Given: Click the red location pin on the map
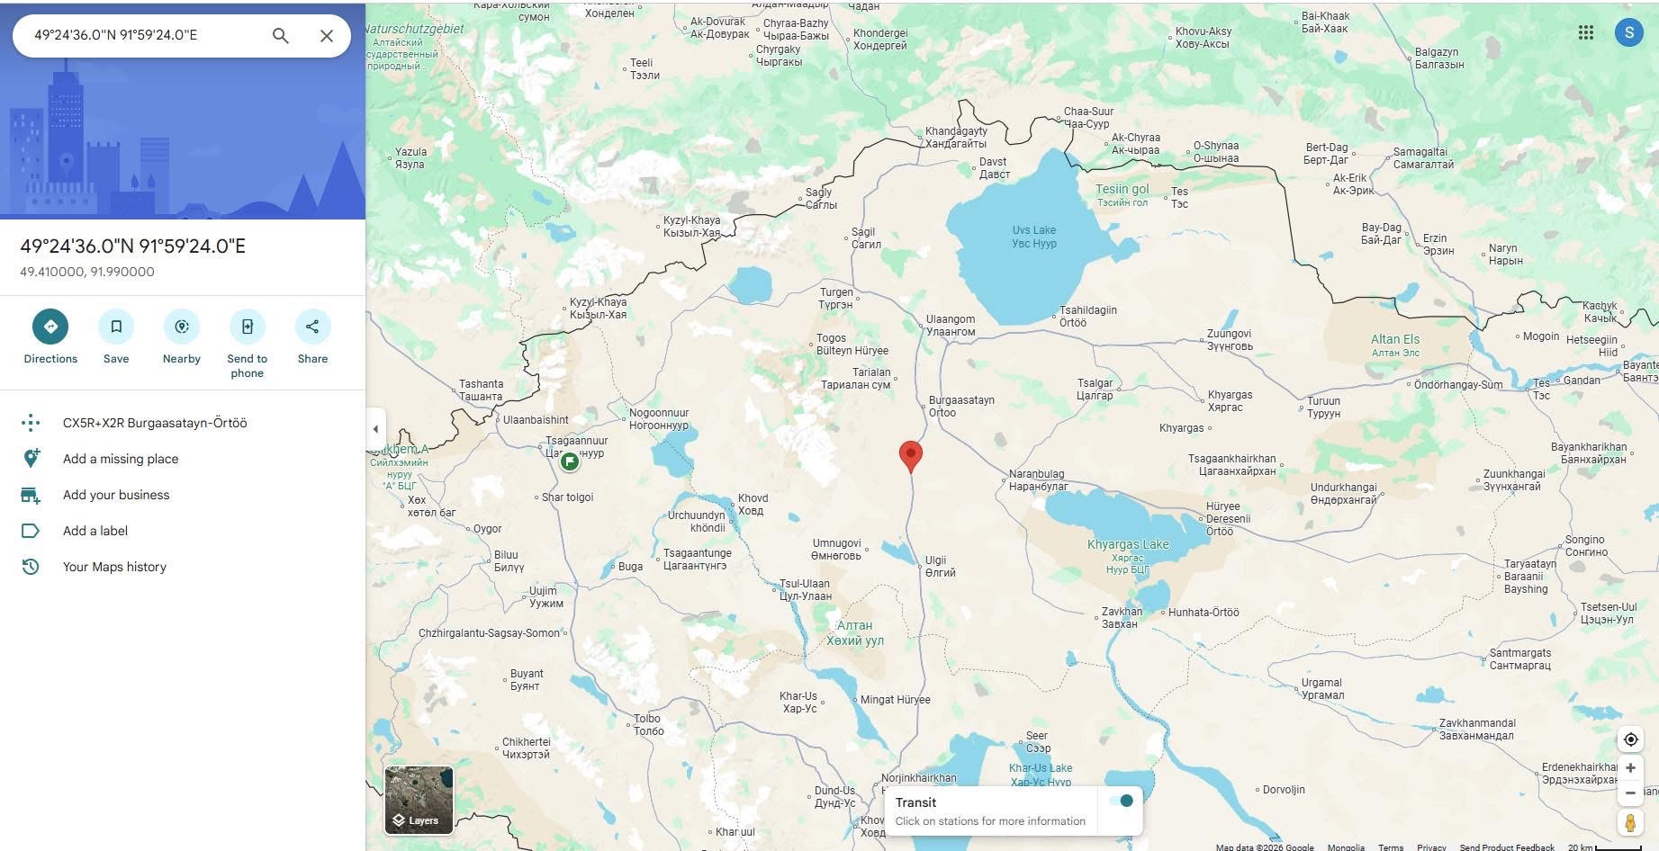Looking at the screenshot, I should pyautogui.click(x=911, y=454).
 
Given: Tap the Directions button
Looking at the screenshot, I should pyautogui.click(x=50, y=327).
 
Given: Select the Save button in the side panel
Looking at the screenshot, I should pyautogui.click(x=116, y=327).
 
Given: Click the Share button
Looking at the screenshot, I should pyautogui.click(x=312, y=327).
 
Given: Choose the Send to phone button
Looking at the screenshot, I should pyautogui.click(x=247, y=327).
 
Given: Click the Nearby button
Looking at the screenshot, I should pyautogui.click(x=182, y=327).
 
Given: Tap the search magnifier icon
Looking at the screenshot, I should pyautogui.click(x=281, y=35).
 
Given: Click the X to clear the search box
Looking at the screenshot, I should pyautogui.click(x=327, y=35).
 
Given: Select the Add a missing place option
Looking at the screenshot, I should pyautogui.click(x=121, y=459).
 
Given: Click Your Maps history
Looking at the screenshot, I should pyautogui.click(x=114, y=567).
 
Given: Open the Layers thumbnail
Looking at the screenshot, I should pyautogui.click(x=419, y=799).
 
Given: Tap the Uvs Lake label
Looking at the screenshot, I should pyautogui.click(x=1033, y=230).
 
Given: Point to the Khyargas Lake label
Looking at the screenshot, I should pyautogui.click(x=1128, y=544).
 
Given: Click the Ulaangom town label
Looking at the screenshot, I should pyautogui.click(x=950, y=319).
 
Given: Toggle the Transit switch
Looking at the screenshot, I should pyautogui.click(x=1121, y=801).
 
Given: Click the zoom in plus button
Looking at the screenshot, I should pyautogui.click(x=1630, y=768).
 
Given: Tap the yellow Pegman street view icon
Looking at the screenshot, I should pyautogui.click(x=1630, y=822).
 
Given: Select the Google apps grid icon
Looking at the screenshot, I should pyautogui.click(x=1586, y=32).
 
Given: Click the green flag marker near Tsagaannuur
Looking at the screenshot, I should pyautogui.click(x=569, y=461).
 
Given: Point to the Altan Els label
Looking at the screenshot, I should pyautogui.click(x=1394, y=339).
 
